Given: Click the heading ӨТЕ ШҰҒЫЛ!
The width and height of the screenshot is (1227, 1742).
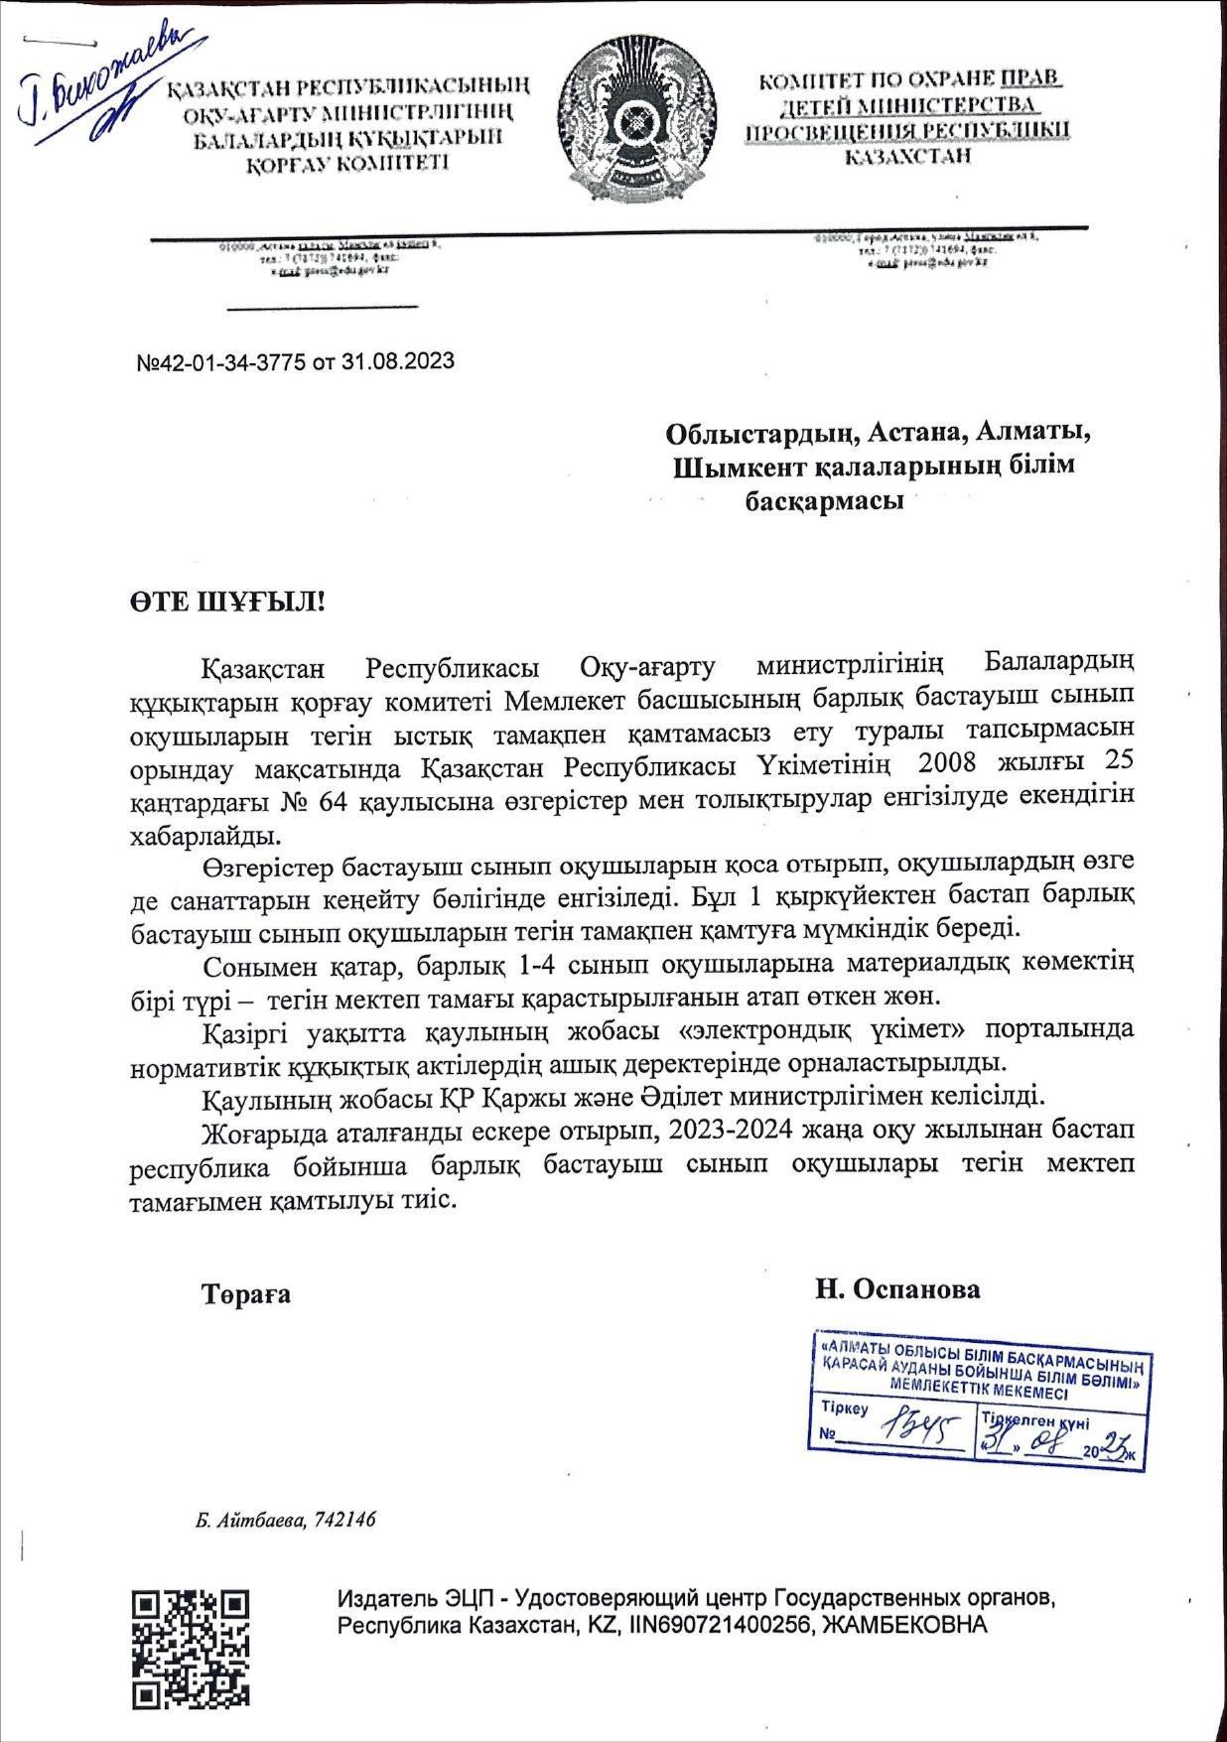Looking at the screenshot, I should tap(227, 602).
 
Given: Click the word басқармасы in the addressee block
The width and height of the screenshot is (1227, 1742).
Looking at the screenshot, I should tap(824, 501).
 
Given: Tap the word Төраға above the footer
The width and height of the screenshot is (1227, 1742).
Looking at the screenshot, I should tap(246, 1294).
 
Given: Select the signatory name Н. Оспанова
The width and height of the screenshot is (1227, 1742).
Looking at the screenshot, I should tap(897, 1289).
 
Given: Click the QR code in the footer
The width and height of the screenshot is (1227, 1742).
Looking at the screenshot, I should tap(192, 1648).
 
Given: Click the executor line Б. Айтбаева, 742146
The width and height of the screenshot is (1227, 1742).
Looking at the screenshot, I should tap(286, 1520).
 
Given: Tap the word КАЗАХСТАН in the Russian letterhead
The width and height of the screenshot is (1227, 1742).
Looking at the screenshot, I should tap(907, 156).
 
